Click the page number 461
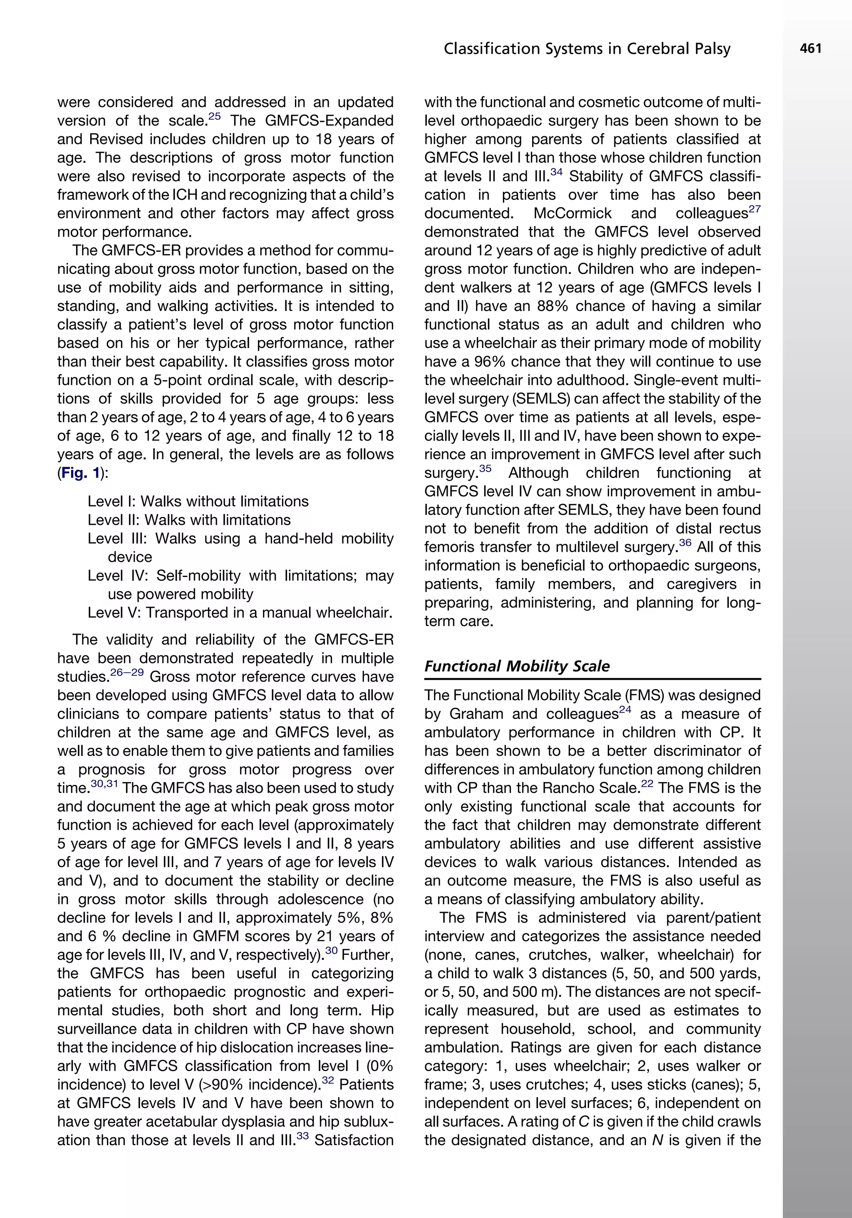[x=811, y=49]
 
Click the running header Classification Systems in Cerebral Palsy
[x=587, y=50]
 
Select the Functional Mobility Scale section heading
[x=517, y=666]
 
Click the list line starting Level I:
[x=198, y=501]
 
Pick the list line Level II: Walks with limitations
[x=189, y=520]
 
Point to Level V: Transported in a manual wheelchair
[x=240, y=613]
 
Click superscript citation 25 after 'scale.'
[x=215, y=116]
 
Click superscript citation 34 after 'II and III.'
[x=556, y=172]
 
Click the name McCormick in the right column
[x=572, y=213]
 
